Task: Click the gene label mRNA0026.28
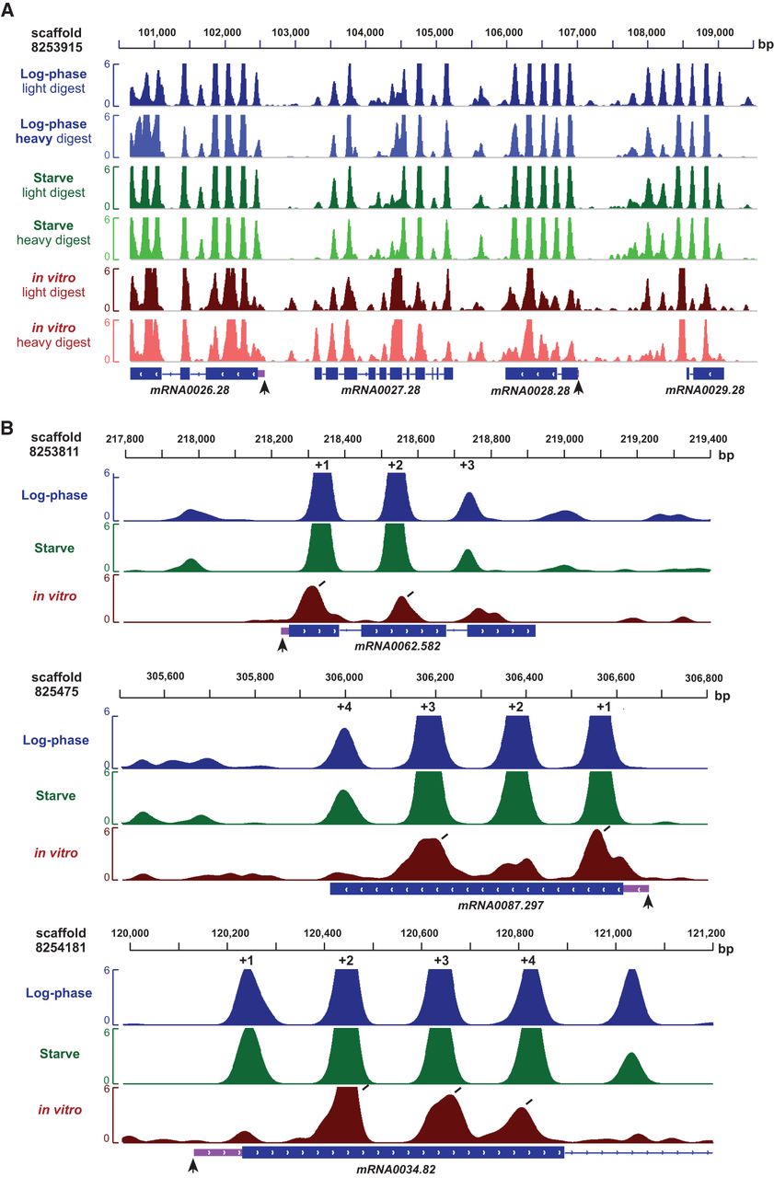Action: point(191,390)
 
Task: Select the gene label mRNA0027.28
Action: point(380,390)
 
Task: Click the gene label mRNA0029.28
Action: point(705,390)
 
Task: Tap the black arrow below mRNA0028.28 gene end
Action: point(579,388)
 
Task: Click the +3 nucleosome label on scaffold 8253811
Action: point(468,466)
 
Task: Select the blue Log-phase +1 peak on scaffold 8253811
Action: point(322,497)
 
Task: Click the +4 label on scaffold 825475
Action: point(345,707)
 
